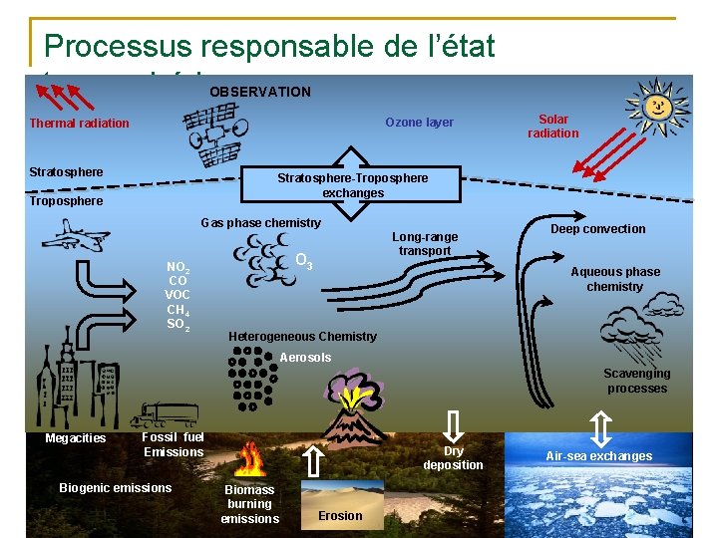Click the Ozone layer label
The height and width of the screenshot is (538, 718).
coord(419,123)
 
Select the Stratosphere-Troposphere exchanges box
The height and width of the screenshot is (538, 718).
coord(352,185)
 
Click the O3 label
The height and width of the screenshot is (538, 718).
coord(305,262)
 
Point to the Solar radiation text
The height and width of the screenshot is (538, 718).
coord(552,126)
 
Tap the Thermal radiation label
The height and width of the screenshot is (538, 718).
coord(79,124)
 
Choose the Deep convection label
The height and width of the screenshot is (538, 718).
coord(598,229)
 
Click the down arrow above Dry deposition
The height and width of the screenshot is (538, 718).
coord(453,426)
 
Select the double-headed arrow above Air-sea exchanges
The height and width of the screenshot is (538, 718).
coord(600,428)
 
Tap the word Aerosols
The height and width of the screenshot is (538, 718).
coord(305,358)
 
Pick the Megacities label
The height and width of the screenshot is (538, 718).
coord(76,438)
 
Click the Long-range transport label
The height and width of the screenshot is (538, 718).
coord(425,244)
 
